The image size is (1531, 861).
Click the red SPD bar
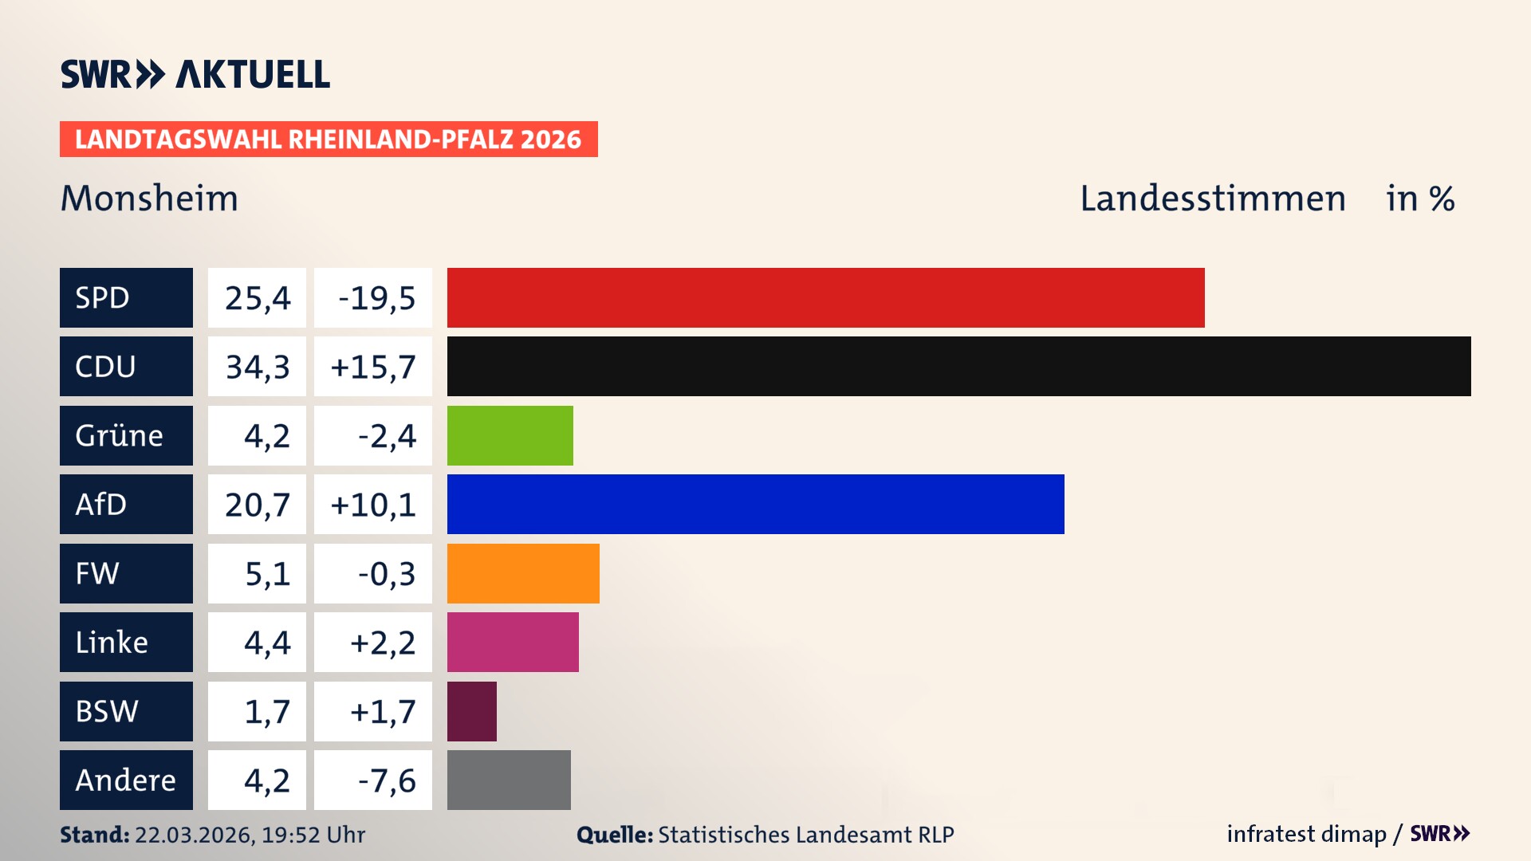(x=825, y=297)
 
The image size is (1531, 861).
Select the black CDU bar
(x=958, y=366)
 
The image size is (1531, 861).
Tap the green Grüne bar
(x=510, y=435)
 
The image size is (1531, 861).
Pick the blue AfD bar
(x=755, y=504)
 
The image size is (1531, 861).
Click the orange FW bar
(x=522, y=573)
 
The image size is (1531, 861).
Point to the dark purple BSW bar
(x=471, y=711)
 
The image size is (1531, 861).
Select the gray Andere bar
(x=509, y=780)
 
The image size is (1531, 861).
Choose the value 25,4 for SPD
(x=257, y=297)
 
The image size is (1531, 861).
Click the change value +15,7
(x=372, y=366)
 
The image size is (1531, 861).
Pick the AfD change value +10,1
(x=372, y=504)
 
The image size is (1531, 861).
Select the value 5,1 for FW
(x=266, y=573)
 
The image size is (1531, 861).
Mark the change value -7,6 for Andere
(x=386, y=780)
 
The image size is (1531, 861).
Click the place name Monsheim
(x=149, y=198)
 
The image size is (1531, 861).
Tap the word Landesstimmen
(x=1212, y=198)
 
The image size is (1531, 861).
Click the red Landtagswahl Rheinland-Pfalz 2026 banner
(x=328, y=139)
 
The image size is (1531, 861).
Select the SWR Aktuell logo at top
(x=195, y=74)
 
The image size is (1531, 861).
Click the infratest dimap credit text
(x=1305, y=834)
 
